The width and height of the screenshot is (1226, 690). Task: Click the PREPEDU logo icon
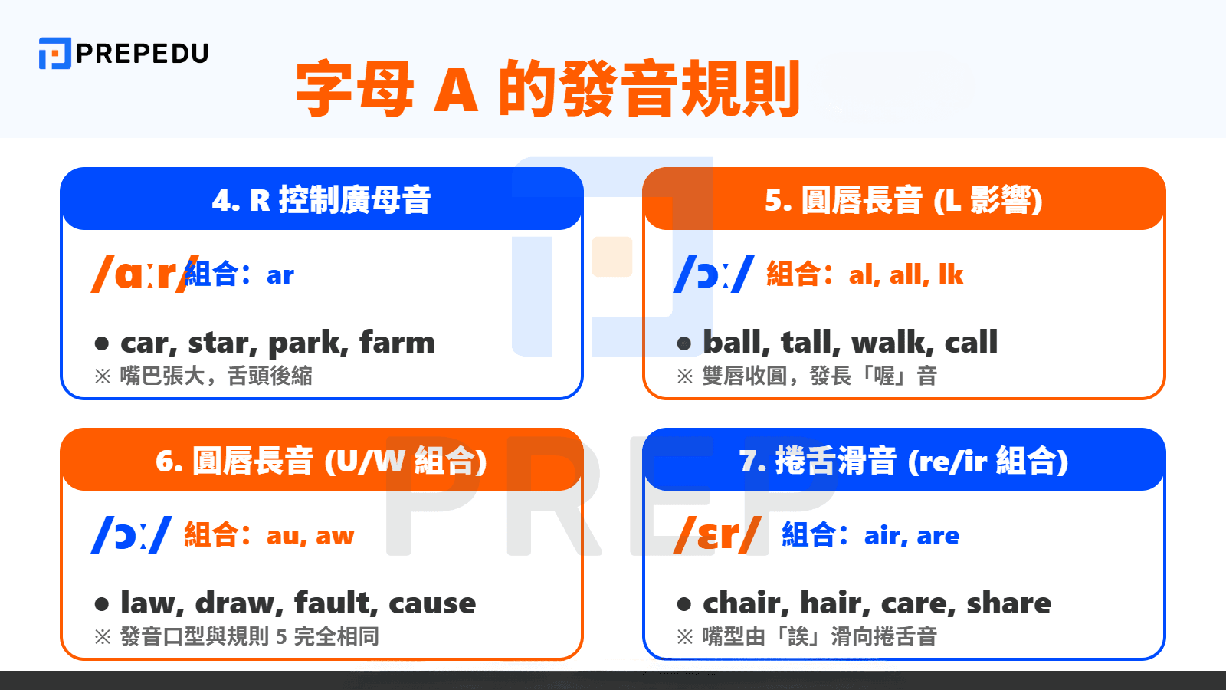tap(54, 53)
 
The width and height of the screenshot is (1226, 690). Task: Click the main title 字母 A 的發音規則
tap(547, 89)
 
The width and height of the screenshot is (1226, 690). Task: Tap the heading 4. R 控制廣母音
tap(321, 200)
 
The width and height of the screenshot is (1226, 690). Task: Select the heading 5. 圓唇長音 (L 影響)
tap(903, 200)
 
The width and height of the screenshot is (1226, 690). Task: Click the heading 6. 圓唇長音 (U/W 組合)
tap(321, 461)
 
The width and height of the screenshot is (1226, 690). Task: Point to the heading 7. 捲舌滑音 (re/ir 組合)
tap(903, 461)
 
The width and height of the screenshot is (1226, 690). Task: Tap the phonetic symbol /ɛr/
tap(717, 534)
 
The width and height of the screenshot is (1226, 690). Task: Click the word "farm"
tap(397, 342)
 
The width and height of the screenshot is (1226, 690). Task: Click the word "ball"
tap(733, 342)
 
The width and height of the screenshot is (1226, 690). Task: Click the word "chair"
tap(745, 603)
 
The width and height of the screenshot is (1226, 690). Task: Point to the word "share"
tap(1008, 603)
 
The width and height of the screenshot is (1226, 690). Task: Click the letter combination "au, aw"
tap(310, 535)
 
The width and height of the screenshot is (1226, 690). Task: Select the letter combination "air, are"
tap(911, 535)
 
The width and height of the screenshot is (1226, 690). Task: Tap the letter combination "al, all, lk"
tap(906, 274)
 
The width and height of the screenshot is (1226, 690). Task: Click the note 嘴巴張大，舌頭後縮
tap(216, 376)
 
